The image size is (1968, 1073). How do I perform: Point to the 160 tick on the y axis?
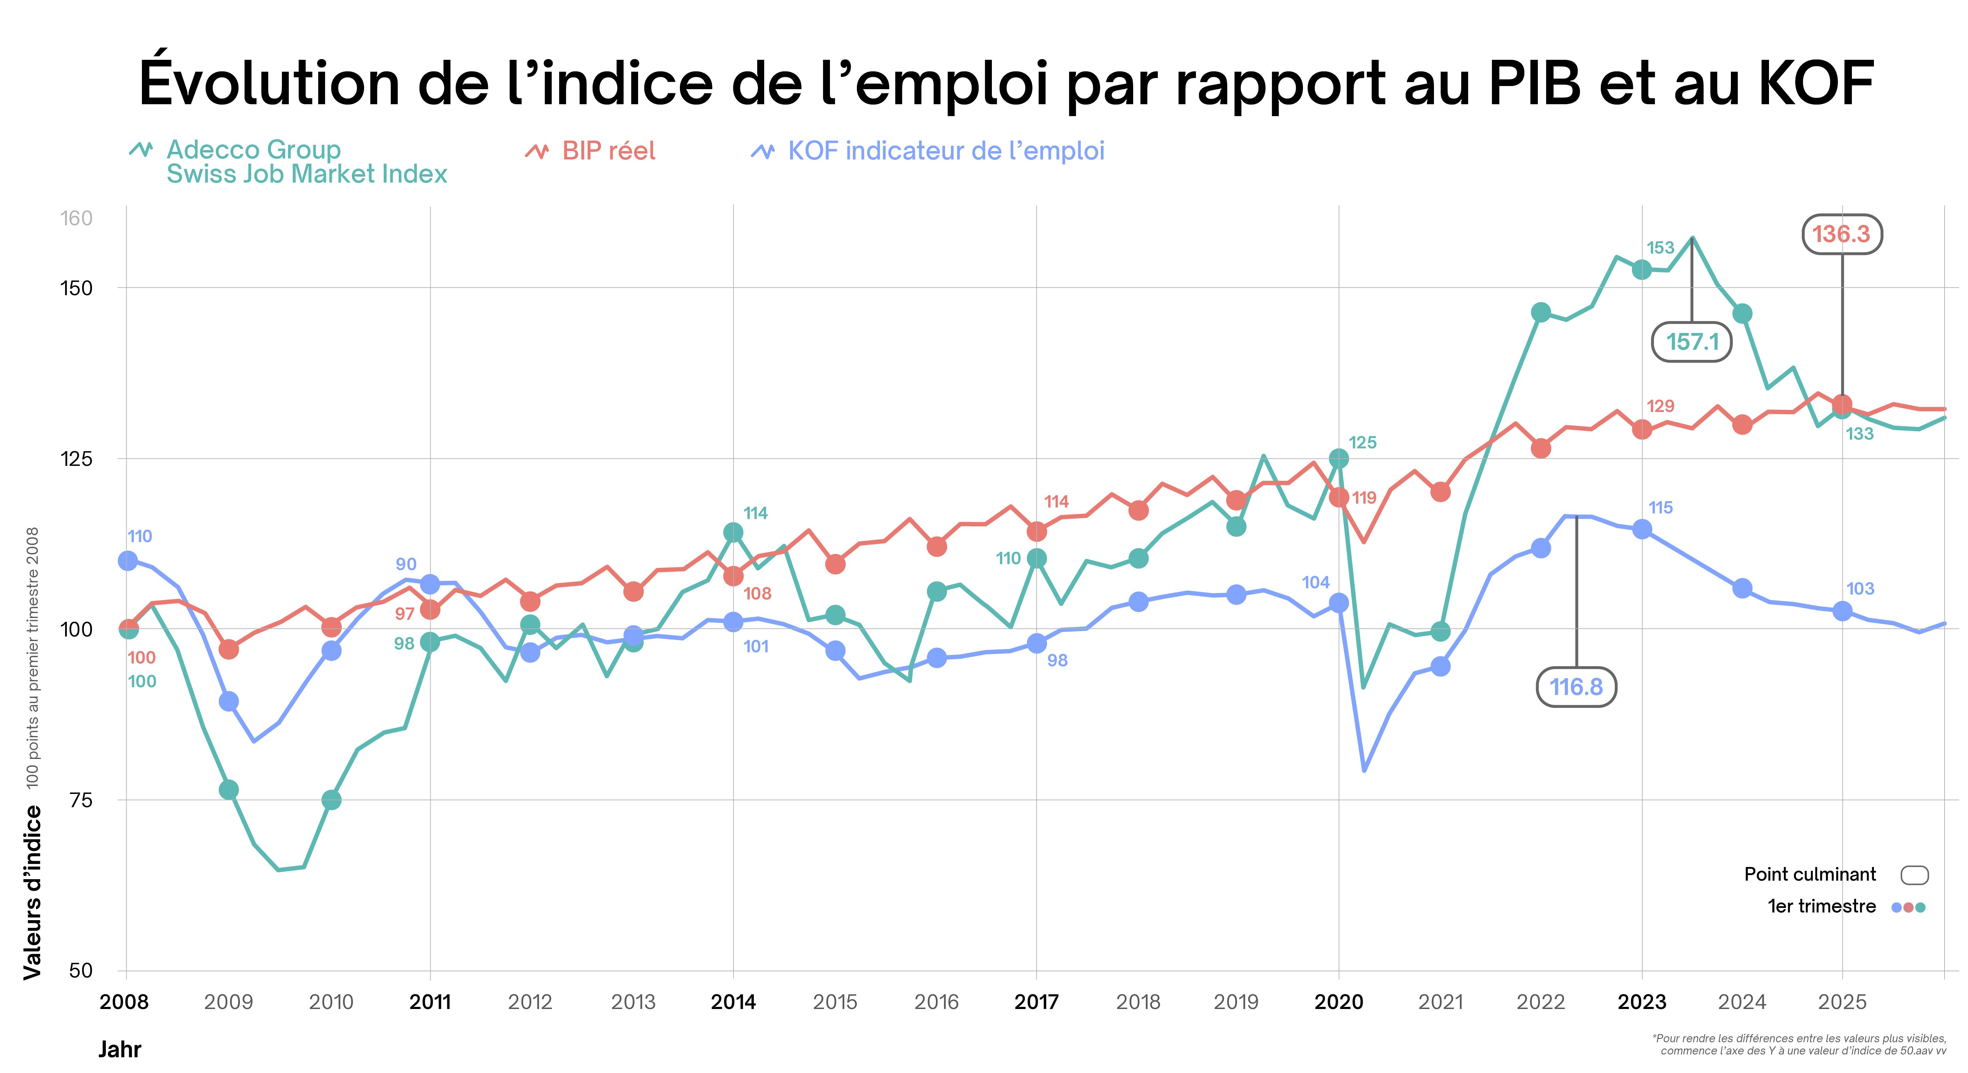click(76, 219)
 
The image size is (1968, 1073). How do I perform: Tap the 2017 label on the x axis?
click(1036, 1002)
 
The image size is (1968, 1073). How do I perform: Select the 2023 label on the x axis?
click(1641, 1002)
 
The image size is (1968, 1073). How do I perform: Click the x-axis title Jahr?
click(120, 1049)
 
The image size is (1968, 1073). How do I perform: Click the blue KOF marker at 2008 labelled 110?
click(128, 561)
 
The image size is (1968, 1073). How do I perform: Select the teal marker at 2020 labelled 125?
click(1338, 458)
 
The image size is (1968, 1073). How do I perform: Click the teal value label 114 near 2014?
click(755, 513)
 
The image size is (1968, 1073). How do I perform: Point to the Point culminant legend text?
click(1810, 874)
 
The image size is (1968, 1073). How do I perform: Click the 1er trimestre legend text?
click(1821, 907)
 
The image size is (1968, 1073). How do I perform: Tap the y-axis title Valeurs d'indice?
click(32, 892)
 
